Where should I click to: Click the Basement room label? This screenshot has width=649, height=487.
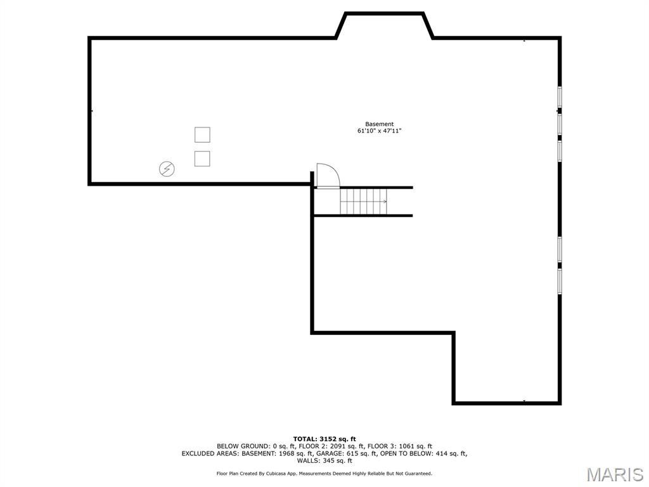379,124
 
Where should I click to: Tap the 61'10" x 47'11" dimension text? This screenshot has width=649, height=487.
379,131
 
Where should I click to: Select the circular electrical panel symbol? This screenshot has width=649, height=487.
167,169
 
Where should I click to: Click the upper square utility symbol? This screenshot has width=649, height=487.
202,134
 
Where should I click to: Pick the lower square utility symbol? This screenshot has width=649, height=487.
202,159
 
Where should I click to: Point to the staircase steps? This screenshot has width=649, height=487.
363,202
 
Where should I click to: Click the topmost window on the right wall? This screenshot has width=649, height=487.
560,96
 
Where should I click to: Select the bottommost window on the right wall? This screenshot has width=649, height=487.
560,281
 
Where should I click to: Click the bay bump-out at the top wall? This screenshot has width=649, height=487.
384,25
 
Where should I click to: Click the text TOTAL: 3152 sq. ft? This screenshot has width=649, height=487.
324,439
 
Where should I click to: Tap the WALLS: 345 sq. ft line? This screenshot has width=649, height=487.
324,460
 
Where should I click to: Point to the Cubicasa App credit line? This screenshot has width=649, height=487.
324,474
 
